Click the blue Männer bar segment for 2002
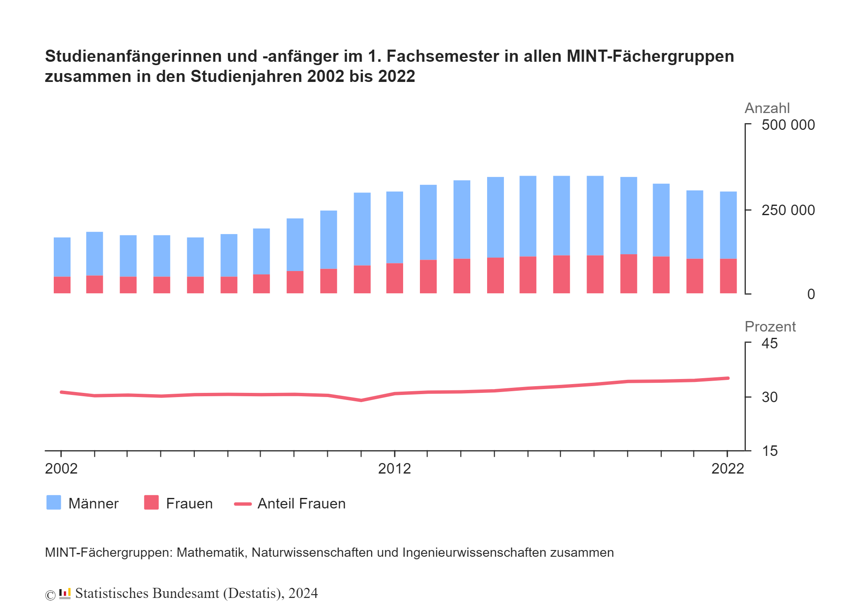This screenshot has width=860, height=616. [x=62, y=257]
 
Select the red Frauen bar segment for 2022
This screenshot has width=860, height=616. [x=728, y=276]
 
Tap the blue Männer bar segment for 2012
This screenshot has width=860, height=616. [x=395, y=227]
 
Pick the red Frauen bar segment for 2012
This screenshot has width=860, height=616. [x=395, y=278]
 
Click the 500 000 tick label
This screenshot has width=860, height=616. [x=788, y=125]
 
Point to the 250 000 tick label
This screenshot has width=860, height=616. [x=788, y=210]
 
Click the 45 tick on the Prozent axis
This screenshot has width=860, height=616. [x=769, y=344]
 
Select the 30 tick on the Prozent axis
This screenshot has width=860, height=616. [x=769, y=397]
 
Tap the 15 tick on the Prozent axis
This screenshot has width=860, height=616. [x=769, y=451]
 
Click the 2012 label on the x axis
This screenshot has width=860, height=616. [x=394, y=469]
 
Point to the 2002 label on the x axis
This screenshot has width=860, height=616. [x=61, y=469]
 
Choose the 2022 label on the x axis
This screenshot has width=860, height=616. [x=727, y=469]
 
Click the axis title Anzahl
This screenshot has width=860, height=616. [x=767, y=108]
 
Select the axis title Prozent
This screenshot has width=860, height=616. [x=770, y=327]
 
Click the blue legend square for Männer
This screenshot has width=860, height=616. [x=54, y=503]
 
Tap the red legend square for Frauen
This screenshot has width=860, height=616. [x=151, y=503]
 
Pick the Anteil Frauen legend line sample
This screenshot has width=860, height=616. [x=243, y=504]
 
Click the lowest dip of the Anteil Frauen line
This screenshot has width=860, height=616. [x=361, y=400]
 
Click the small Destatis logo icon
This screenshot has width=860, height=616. [x=65, y=594]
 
